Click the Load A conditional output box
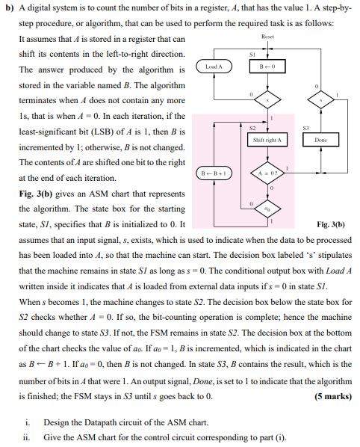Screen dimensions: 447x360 [214, 67]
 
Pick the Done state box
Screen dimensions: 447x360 [322, 141]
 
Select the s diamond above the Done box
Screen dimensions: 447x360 [322, 99]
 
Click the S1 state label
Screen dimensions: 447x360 [253, 54]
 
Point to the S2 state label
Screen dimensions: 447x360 [253, 128]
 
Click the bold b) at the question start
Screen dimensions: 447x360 [8, 9]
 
